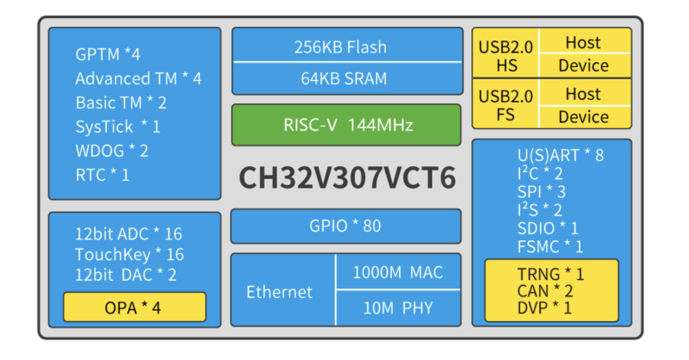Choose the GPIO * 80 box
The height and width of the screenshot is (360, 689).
pyautogui.click(x=344, y=227)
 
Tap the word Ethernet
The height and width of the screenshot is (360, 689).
pyautogui.click(x=279, y=292)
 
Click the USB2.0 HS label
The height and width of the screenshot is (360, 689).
pyautogui.click(x=505, y=54)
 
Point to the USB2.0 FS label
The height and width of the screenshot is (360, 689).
pyautogui.click(x=505, y=105)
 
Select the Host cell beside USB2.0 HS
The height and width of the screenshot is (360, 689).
pyautogui.click(x=583, y=42)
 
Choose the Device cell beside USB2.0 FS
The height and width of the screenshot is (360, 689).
pyautogui.click(x=583, y=116)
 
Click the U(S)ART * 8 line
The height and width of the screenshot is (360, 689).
pyautogui.click(x=560, y=156)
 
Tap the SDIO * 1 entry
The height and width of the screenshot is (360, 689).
pyautogui.click(x=548, y=228)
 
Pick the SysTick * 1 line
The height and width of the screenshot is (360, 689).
pyautogui.click(x=118, y=127)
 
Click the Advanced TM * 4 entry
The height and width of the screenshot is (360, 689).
pyautogui.click(x=138, y=78)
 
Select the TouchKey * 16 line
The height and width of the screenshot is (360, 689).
pyautogui.click(x=129, y=254)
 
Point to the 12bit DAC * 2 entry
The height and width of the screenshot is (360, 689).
pyautogui.click(x=126, y=275)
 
